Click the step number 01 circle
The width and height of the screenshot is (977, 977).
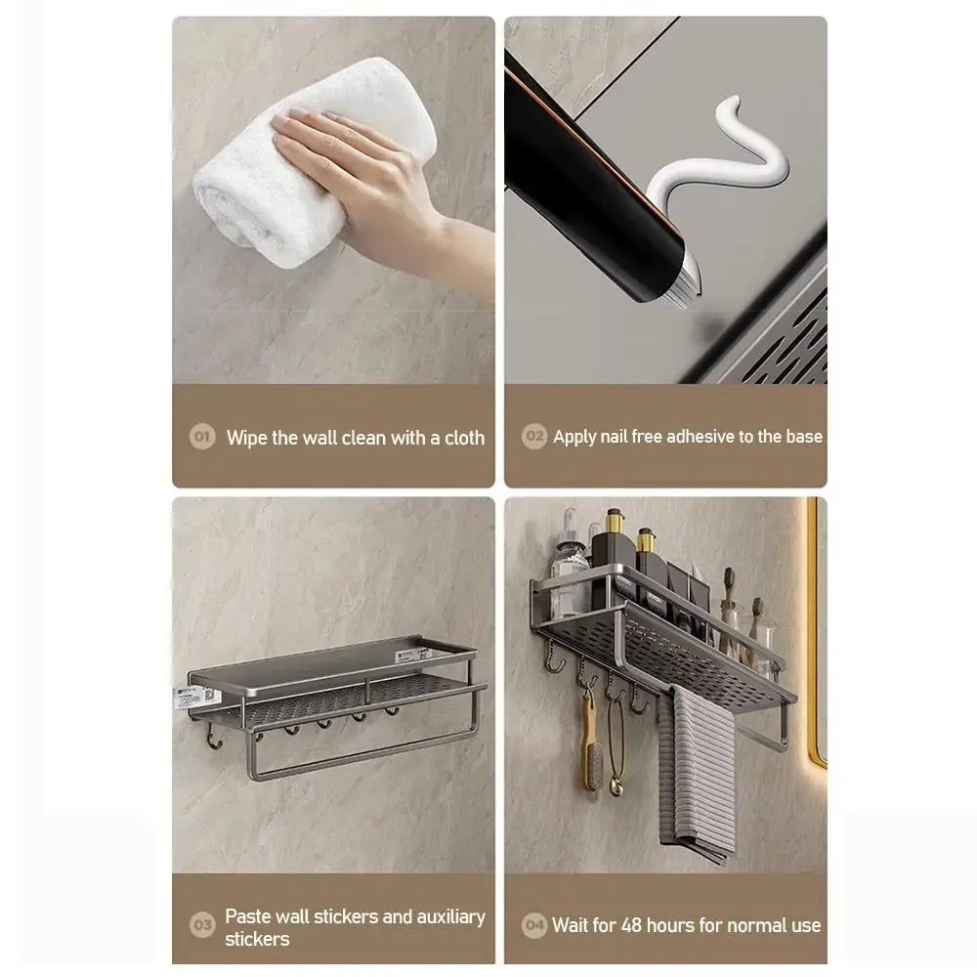pyautogui.click(x=202, y=437)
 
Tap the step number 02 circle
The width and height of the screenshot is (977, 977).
pyautogui.click(x=534, y=437)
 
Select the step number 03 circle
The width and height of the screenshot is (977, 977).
pyautogui.click(x=202, y=924)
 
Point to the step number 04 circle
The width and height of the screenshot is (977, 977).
pyautogui.click(x=534, y=924)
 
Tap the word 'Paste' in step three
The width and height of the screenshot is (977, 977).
pyautogui.click(x=249, y=916)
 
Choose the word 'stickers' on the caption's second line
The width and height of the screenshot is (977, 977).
pyautogui.click(x=258, y=940)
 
